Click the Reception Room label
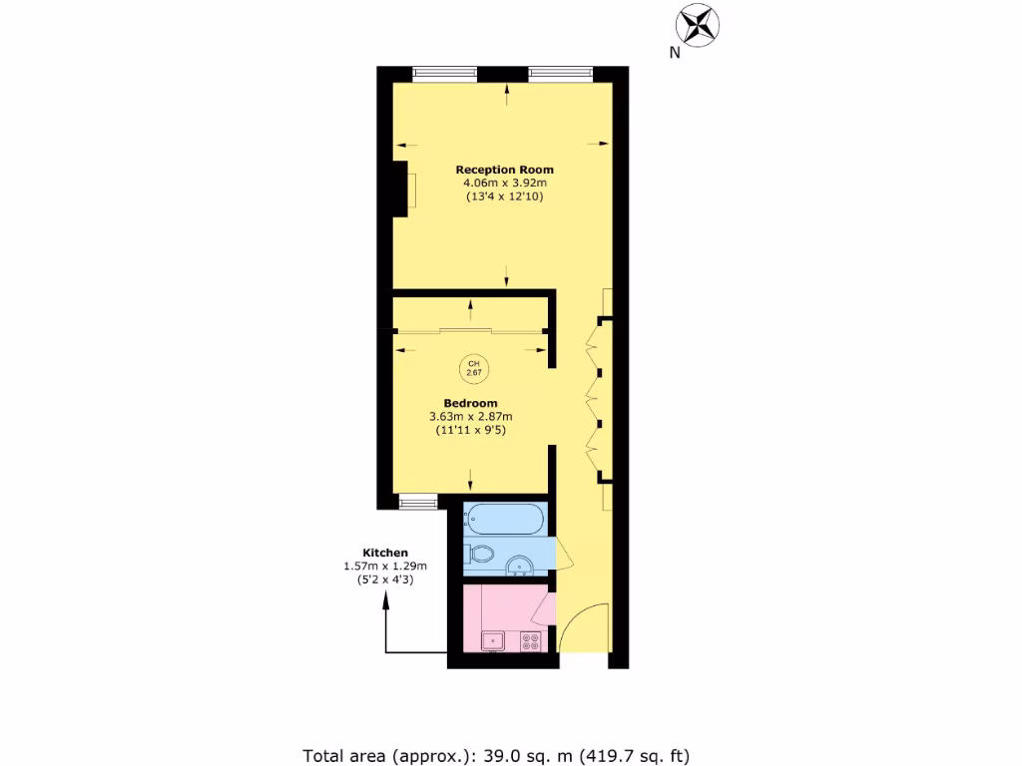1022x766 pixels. pos(504,170)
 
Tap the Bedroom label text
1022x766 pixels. pos(470,403)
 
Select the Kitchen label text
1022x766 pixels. pos(384,553)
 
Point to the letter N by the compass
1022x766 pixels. pos(675,54)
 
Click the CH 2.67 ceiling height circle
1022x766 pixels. pos(473,369)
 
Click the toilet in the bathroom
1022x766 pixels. pos(479,555)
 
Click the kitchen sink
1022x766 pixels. pos(493,640)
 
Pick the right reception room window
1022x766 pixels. pos(559,72)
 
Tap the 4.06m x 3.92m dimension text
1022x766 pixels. pos(504,184)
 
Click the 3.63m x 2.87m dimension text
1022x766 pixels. pos(470,417)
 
